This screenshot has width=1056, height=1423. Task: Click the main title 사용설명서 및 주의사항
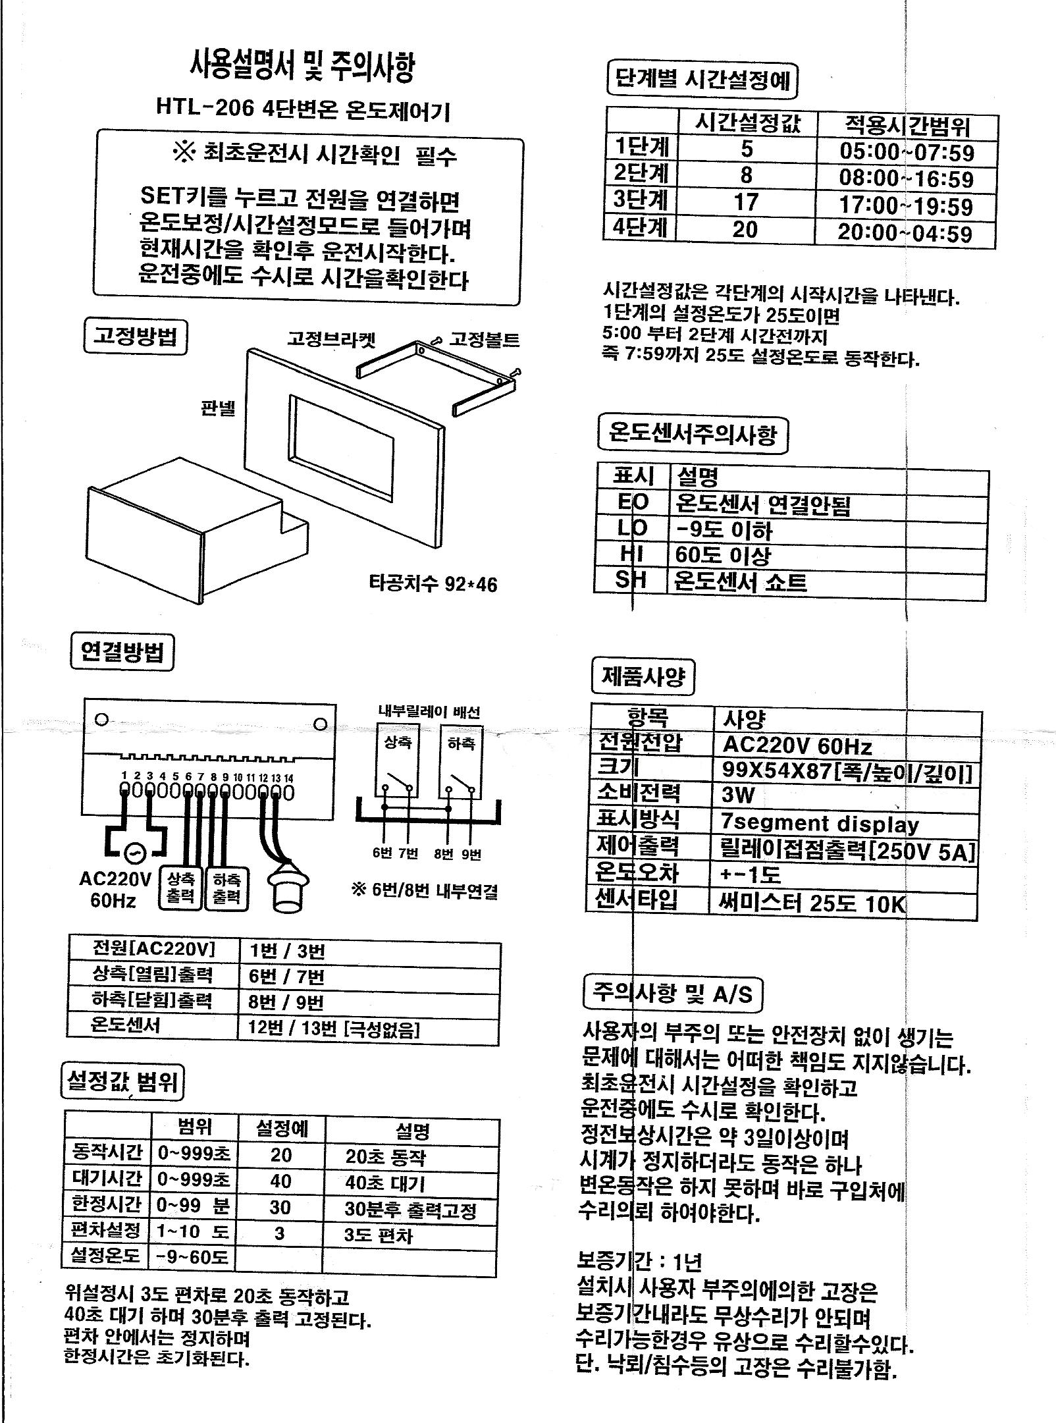click(x=303, y=68)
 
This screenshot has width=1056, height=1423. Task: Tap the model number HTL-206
click(x=205, y=108)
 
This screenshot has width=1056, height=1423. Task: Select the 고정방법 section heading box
click(x=136, y=336)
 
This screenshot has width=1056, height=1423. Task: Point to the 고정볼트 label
click(x=484, y=340)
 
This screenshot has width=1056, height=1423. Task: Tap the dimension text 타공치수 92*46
click(x=433, y=583)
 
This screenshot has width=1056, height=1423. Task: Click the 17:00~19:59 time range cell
click(x=905, y=206)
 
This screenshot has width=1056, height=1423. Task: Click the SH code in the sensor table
click(x=631, y=580)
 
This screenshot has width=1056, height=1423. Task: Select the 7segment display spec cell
click(x=820, y=823)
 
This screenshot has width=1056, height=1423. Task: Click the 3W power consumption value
click(x=738, y=795)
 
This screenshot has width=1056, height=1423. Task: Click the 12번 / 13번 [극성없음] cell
click(x=334, y=1029)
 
